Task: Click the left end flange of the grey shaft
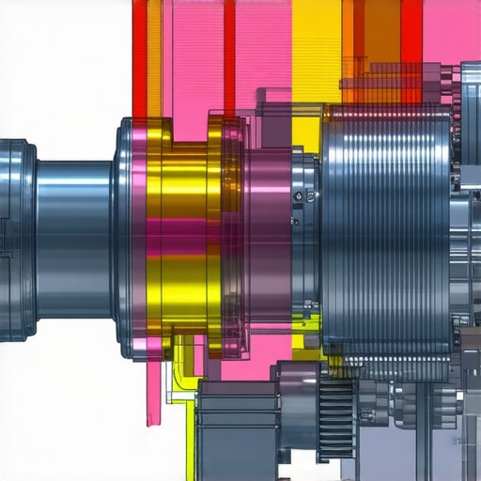[16, 240]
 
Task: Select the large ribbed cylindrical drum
[385, 235]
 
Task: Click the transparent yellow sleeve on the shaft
[188, 244]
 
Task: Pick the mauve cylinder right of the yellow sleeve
[268, 240]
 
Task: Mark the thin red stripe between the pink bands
[229, 56]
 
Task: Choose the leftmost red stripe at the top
[139, 56]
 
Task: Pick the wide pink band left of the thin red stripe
[193, 56]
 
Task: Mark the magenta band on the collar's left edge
[139, 240]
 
